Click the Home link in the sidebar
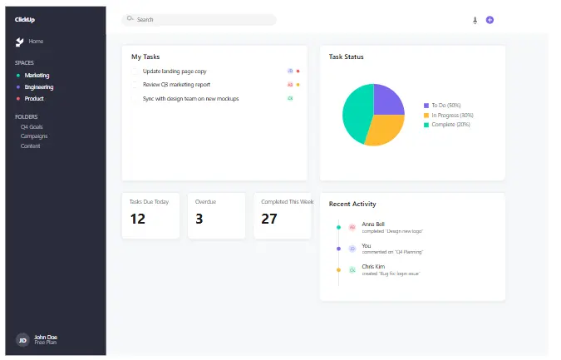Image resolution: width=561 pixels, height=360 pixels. pyautogui.click(x=36, y=41)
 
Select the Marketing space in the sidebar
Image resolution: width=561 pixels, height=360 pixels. pyautogui.click(x=37, y=75)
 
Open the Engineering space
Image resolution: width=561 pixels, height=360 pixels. pyautogui.click(x=39, y=86)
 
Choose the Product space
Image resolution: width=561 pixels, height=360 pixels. pyautogui.click(x=34, y=98)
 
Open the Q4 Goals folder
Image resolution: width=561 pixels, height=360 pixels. pyautogui.click(x=32, y=126)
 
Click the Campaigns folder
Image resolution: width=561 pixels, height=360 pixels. pyautogui.click(x=34, y=136)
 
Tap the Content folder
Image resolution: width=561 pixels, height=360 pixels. pyautogui.click(x=31, y=145)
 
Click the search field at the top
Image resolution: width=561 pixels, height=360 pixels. pyautogui.click(x=199, y=19)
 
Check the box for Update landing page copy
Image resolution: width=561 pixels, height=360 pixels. pyautogui.click(x=135, y=72)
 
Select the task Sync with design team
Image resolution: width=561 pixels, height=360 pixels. pyautogui.click(x=190, y=98)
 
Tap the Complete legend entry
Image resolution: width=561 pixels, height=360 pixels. pyautogui.click(x=450, y=125)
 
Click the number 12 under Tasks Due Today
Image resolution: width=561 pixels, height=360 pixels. pyautogui.click(x=138, y=219)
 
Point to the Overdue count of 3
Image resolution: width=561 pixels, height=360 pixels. pyautogui.click(x=199, y=219)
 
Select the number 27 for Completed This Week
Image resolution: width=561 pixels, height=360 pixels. pyautogui.click(x=269, y=219)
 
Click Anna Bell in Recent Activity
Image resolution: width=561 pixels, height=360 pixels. pyautogui.click(x=373, y=224)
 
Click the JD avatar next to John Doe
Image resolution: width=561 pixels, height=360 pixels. pyautogui.click(x=22, y=339)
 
